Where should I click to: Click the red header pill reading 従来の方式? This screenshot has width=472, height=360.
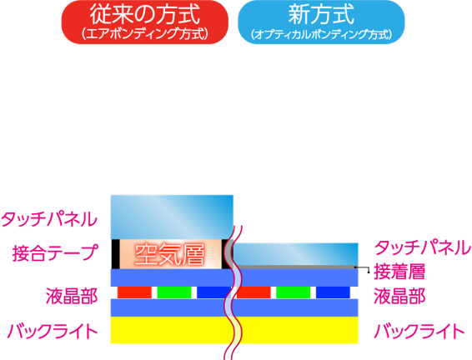pyautogui.click(x=145, y=22)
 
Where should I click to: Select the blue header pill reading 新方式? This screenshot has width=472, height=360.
pyautogui.click(x=321, y=22)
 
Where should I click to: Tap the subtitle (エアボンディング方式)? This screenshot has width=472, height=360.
pyautogui.click(x=145, y=34)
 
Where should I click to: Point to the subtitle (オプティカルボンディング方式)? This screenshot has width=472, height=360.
pyautogui.click(x=321, y=34)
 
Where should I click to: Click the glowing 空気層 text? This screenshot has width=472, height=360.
pyautogui.click(x=170, y=254)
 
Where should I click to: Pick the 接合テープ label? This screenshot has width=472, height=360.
pyautogui.click(x=55, y=252)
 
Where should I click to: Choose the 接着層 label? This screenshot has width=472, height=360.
pyautogui.click(x=399, y=272)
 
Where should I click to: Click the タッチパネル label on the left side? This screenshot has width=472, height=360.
pyautogui.click(x=49, y=219)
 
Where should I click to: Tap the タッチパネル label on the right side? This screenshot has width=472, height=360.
pyautogui.click(x=422, y=247)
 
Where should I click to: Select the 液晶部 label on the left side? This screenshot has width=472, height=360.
pyautogui.click(x=72, y=296)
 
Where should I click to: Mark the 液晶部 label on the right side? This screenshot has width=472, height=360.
pyautogui.click(x=399, y=296)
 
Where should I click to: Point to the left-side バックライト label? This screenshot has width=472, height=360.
pyautogui.click(x=53, y=332)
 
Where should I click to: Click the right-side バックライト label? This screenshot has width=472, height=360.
pyautogui.click(x=419, y=332)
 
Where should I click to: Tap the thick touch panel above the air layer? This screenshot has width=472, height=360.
pyautogui.click(x=172, y=217)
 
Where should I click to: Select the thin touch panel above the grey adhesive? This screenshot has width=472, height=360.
pyautogui.click(x=296, y=254)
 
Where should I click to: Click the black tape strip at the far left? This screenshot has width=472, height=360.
pyautogui.click(x=115, y=254)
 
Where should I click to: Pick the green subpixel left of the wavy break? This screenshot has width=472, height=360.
pyautogui.click(x=174, y=292)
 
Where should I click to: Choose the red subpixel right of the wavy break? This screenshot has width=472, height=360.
pyautogui.click(x=254, y=292)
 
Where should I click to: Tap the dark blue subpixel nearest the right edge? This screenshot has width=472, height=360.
pyautogui.click(x=333, y=292)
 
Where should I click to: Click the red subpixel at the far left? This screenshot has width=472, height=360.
pyautogui.click(x=134, y=292)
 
